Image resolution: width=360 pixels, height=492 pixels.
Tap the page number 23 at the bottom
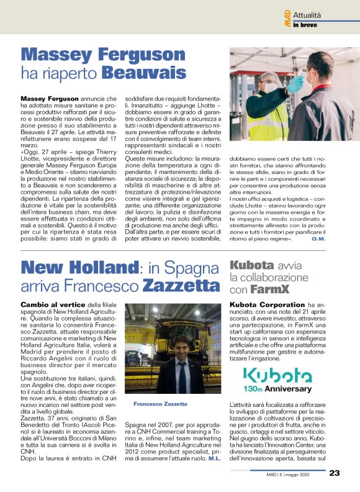pos(334,473)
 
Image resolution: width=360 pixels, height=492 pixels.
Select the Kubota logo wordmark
pos(277,375)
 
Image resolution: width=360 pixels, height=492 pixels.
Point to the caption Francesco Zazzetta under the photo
pos(160,404)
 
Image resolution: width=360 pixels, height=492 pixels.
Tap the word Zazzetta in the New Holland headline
pos(181,286)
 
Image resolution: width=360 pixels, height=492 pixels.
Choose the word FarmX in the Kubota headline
pos(269,289)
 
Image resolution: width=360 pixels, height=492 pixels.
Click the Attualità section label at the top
pos(323,14)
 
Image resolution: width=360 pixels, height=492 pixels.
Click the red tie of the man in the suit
pos(181,371)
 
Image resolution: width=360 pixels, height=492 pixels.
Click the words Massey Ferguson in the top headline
pos(103,55)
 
